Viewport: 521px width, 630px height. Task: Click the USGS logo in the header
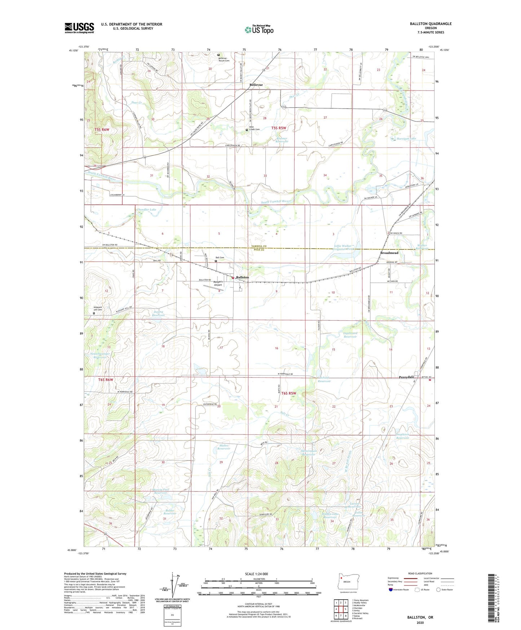click(x=79, y=28)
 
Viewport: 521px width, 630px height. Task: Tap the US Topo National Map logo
click(x=259, y=30)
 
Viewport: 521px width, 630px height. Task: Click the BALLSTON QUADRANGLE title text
click(x=431, y=24)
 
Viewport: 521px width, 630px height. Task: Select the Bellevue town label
click(x=256, y=85)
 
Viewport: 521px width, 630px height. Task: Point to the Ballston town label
click(x=242, y=277)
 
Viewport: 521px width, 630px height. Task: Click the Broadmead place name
click(x=389, y=253)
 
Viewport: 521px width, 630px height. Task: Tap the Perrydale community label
click(x=406, y=377)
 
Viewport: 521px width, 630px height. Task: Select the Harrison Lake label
click(x=406, y=139)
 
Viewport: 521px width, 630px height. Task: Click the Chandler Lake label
click(x=146, y=210)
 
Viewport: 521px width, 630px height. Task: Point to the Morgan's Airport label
click(x=218, y=283)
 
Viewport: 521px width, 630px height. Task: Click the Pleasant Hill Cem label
click(x=98, y=309)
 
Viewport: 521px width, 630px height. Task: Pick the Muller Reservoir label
click(x=224, y=447)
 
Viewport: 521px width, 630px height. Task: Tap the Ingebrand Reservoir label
click(x=350, y=335)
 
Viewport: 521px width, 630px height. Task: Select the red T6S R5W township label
click(x=288, y=393)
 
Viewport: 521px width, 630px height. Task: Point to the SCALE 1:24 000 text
click(x=256, y=574)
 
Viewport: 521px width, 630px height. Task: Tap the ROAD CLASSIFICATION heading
click(x=420, y=573)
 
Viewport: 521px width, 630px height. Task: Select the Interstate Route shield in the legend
click(x=391, y=590)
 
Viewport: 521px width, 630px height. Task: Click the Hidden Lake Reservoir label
click(x=330, y=515)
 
